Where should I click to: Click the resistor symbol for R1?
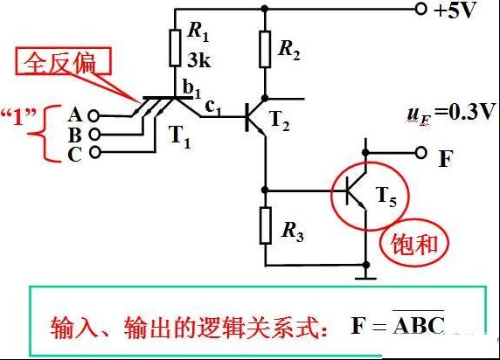point(175,48)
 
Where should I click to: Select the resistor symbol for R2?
point(265,49)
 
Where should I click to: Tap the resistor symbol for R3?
point(266,225)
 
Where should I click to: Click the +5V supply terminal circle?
point(420,9)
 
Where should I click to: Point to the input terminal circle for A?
point(94,115)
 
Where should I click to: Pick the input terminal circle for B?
point(94,135)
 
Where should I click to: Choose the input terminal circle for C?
point(94,152)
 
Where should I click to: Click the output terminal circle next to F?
point(421,153)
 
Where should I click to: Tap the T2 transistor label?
point(280,121)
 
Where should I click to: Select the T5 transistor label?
point(386,197)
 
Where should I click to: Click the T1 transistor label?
point(180,137)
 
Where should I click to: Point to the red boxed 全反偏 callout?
point(64,61)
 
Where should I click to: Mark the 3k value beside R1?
point(199,59)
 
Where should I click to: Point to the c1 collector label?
point(212,107)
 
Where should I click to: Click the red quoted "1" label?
point(17,116)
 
